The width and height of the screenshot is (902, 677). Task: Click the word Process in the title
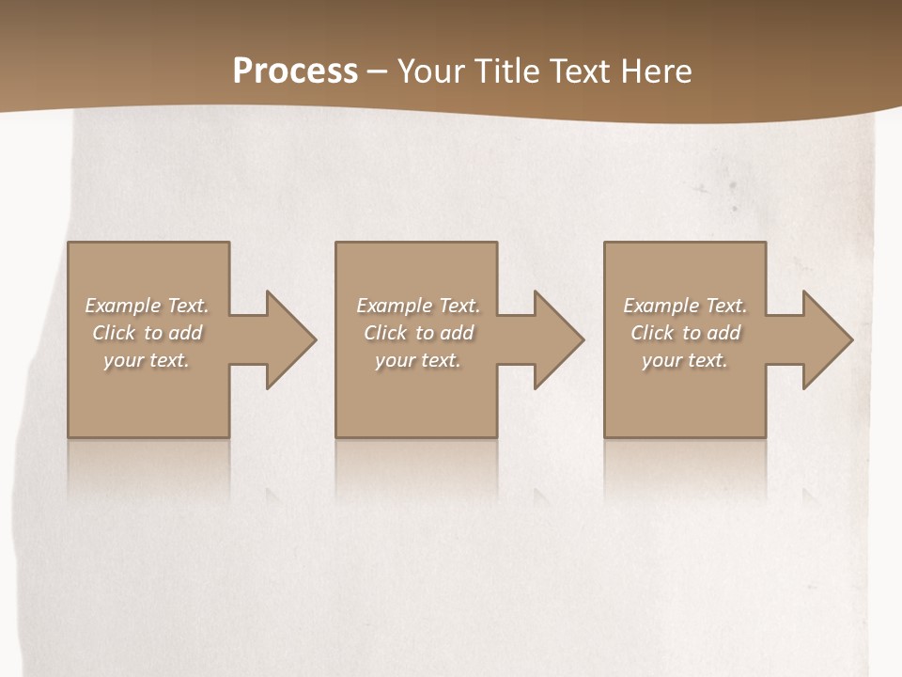[x=295, y=71]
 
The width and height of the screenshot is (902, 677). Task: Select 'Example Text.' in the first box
[x=148, y=306]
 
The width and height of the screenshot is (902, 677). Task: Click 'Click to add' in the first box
[x=148, y=333]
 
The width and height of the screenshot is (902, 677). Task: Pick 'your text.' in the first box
[x=148, y=360]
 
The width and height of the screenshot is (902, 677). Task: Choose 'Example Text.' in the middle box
[x=418, y=306]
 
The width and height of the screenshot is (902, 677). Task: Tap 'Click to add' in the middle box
[x=418, y=333]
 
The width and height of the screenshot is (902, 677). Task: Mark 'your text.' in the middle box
[x=418, y=360]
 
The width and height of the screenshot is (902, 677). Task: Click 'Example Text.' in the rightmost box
[x=685, y=306]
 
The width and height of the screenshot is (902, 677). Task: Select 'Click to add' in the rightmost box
[x=685, y=333]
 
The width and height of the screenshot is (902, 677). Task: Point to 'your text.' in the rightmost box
[x=685, y=360]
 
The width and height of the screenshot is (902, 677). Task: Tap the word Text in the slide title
[x=579, y=71]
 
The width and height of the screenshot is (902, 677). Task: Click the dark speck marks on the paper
[x=732, y=186]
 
